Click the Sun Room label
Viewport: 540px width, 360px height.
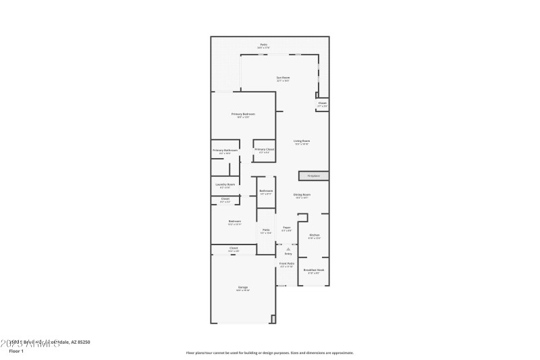[283, 78]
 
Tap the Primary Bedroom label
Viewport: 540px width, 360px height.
[243, 114]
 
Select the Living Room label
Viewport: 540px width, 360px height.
[302, 141]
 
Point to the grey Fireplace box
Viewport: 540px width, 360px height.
[314, 176]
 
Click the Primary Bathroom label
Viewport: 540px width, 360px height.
[225, 150]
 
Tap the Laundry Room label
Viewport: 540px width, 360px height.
[225, 184]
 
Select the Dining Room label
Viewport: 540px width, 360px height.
[302, 195]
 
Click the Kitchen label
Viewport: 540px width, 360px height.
[315, 235]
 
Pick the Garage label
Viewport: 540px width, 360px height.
[243, 287]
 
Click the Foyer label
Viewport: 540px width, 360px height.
[287, 228]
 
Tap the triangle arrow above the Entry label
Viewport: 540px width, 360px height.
[288, 249]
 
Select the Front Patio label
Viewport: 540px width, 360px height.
[287, 263]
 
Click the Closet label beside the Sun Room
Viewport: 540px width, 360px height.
[323, 103]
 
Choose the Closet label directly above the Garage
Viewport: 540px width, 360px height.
[234, 248]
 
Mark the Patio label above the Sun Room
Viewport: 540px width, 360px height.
[263, 45]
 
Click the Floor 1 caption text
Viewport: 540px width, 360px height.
[15, 351]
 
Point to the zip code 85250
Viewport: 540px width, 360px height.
[83, 342]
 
